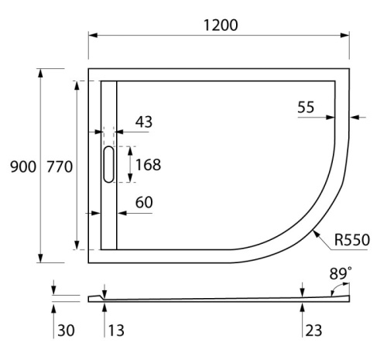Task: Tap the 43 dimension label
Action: [x=145, y=122]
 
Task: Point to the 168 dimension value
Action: [x=148, y=164]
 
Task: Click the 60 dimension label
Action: [x=145, y=203]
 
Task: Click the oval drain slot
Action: [x=108, y=164]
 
